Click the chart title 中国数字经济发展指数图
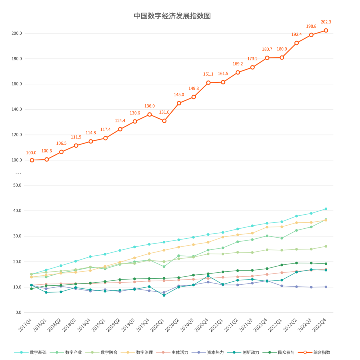click(x=172, y=16)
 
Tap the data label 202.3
click(x=326, y=22)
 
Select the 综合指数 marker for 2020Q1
click(x=164, y=121)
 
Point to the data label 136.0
click(x=149, y=106)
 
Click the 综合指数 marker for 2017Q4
click(x=32, y=160)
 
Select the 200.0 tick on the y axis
click(x=17, y=33)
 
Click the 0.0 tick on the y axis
click(x=19, y=313)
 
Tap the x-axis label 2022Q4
click(x=319, y=325)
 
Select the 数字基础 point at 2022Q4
click(x=326, y=209)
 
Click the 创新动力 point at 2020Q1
click(x=164, y=295)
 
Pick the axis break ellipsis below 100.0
click(x=18, y=173)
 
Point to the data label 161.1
click(x=208, y=74)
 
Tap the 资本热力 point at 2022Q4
click(x=326, y=287)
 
